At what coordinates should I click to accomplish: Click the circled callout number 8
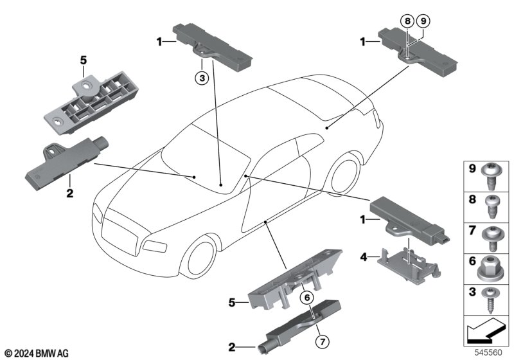(x=407, y=21)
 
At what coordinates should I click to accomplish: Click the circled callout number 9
(x=423, y=21)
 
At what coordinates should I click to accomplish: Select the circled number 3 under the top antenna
(x=202, y=78)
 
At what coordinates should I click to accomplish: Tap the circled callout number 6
(x=307, y=298)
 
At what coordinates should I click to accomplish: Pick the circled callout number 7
(x=323, y=342)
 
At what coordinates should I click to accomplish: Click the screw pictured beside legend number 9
(x=490, y=176)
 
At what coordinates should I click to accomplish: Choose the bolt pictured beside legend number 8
(x=492, y=206)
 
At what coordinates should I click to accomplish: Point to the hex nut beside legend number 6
(x=490, y=269)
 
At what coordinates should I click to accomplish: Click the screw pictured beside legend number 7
(x=491, y=239)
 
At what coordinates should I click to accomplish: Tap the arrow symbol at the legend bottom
(x=486, y=330)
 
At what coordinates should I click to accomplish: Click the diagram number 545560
(x=488, y=352)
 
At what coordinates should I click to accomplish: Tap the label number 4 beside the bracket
(x=364, y=257)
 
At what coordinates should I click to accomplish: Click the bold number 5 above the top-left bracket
(x=84, y=60)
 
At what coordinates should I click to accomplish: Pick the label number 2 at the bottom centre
(x=232, y=347)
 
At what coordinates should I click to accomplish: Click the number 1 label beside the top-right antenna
(x=362, y=42)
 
